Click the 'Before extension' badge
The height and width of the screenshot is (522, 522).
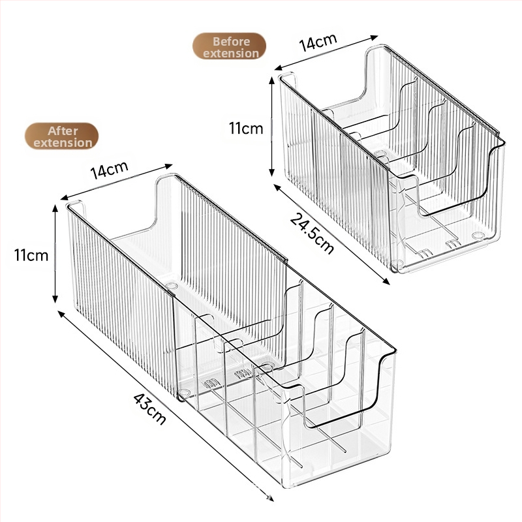point(230,46)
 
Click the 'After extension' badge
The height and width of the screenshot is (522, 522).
point(62,136)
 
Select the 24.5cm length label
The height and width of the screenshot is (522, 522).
point(312,234)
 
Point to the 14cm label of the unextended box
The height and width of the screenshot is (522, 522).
point(318,42)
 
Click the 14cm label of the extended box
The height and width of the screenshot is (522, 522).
point(109,170)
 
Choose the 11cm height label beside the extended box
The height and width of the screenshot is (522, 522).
point(31,255)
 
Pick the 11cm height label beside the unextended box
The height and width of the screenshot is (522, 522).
point(246,128)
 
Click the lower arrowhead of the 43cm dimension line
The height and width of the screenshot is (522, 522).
point(270,498)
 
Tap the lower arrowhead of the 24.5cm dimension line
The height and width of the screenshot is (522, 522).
point(386,282)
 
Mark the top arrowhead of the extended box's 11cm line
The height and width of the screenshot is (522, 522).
point(55,209)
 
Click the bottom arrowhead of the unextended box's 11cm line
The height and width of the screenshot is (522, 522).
point(271,172)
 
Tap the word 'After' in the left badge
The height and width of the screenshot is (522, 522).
point(63,131)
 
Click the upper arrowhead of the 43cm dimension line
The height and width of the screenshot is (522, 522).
point(61,314)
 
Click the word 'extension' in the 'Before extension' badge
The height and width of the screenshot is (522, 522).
point(231,54)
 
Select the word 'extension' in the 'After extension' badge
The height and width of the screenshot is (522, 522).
point(63,143)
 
